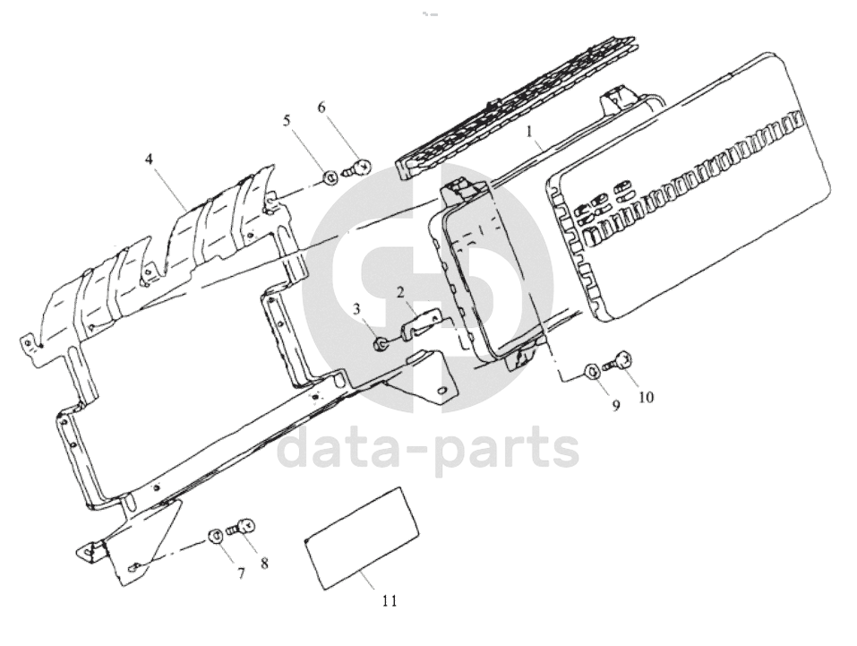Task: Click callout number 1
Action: tap(528, 132)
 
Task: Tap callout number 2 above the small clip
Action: tap(400, 292)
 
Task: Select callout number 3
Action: tap(357, 310)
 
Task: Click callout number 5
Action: tap(287, 120)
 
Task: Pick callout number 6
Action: tap(321, 108)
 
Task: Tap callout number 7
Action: tap(241, 573)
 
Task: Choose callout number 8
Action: tap(264, 563)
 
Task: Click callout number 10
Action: tap(646, 397)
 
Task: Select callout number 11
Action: tap(390, 600)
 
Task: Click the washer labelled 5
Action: tap(330, 177)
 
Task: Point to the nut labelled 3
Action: tap(380, 343)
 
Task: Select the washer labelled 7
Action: tap(214, 536)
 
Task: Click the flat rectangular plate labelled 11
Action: tap(362, 538)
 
